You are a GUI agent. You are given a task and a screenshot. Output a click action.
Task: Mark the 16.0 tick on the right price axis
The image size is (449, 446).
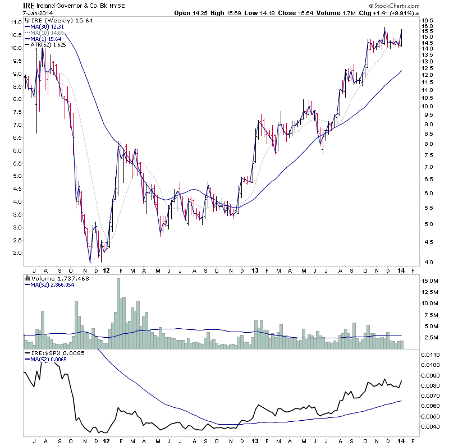429,26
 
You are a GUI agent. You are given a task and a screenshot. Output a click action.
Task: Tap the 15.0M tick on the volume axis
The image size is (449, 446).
431,281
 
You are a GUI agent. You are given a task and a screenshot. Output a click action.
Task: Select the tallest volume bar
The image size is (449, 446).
118,314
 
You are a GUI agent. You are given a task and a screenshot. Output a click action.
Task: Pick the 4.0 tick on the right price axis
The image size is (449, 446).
428,263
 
